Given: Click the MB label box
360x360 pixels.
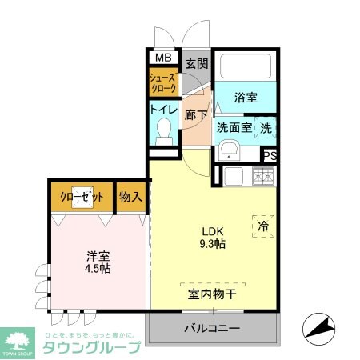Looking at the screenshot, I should pyautogui.click(x=163, y=58).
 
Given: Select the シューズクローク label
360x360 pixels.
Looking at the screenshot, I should pyautogui.click(x=163, y=83).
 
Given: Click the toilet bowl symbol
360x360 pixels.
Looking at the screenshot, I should pyautogui.click(x=166, y=128).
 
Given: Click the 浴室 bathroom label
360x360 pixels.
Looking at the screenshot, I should pyautogui.click(x=246, y=98).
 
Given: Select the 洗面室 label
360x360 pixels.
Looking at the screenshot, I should pyautogui.click(x=234, y=126).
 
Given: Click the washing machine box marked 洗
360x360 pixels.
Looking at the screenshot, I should pyautogui.click(x=266, y=126).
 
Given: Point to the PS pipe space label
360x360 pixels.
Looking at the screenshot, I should pyautogui.click(x=270, y=157).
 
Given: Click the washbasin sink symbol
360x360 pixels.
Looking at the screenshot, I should pyautogui.click(x=230, y=149).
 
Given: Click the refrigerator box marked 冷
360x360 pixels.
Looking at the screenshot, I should pyautogui.click(x=263, y=226).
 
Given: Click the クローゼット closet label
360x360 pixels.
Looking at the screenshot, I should pyautogui.click(x=82, y=197).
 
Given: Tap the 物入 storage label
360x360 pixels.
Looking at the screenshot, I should pyautogui.click(x=131, y=197).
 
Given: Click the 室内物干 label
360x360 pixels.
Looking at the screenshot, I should pyautogui.click(x=212, y=294).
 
